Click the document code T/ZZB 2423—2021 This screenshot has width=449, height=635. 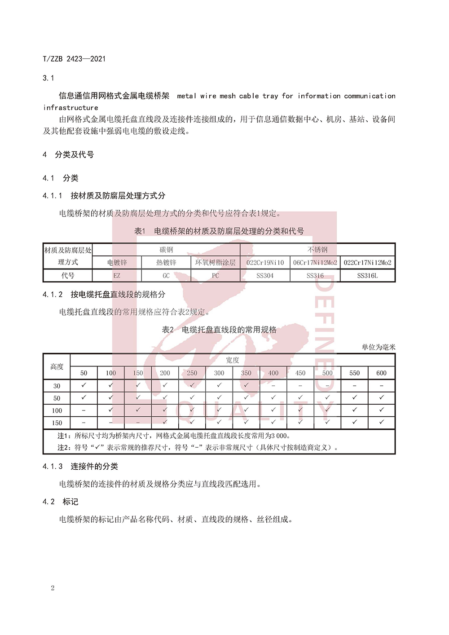(x=74, y=58)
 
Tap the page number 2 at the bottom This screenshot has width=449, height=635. (x=53, y=588)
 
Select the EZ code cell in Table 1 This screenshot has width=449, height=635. (x=117, y=276)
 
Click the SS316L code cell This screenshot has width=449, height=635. (x=367, y=276)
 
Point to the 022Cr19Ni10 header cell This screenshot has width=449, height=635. (x=265, y=262)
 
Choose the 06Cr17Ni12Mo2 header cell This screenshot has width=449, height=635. (x=315, y=262)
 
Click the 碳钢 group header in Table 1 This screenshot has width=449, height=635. (x=166, y=250)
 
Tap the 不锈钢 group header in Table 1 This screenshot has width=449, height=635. (x=317, y=250)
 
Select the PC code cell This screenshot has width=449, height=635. (x=216, y=276)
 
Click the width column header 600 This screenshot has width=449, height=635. (x=381, y=373)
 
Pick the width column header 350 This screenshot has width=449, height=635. (x=246, y=373)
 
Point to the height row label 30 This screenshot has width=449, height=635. (x=57, y=386)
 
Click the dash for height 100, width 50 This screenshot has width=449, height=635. (x=84, y=410)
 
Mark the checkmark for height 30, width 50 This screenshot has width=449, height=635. (x=84, y=385)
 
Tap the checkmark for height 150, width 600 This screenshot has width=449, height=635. (x=381, y=422)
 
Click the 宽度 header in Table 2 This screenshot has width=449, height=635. (x=233, y=360)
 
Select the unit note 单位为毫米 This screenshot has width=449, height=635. (x=379, y=347)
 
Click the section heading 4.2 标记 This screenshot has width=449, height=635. (x=61, y=502)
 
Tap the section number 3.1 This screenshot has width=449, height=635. (x=48, y=78)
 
